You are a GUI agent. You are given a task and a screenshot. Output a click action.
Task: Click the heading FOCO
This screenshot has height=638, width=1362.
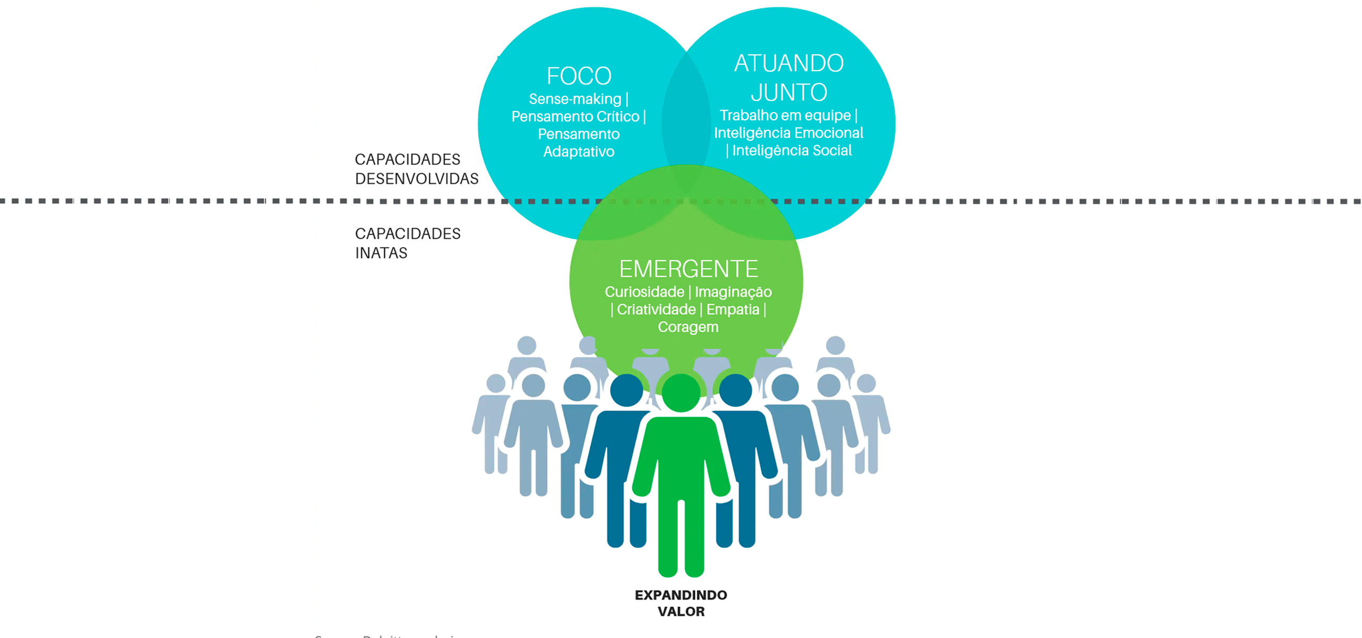tap(579, 76)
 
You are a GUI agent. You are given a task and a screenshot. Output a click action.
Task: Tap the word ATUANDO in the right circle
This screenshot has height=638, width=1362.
tap(788, 63)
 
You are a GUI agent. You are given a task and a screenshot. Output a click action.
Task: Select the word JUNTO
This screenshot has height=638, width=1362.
tap(788, 93)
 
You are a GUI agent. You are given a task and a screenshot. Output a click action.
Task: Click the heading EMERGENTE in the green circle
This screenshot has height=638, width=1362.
tap(688, 269)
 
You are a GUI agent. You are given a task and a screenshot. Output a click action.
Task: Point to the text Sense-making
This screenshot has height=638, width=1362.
tap(575, 99)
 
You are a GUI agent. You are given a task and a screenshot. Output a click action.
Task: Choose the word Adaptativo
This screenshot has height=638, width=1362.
tap(579, 152)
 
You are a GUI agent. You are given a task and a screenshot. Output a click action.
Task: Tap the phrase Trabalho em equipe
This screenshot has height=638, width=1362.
tap(785, 115)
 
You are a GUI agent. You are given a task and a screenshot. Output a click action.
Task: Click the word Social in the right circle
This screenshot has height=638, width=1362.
tap(832, 150)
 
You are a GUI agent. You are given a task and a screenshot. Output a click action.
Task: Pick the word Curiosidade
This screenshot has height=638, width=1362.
tap(644, 292)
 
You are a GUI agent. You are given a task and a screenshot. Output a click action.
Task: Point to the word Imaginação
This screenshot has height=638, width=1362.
tap(733, 292)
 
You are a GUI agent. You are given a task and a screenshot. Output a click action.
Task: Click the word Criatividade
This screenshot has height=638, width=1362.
tap(656, 309)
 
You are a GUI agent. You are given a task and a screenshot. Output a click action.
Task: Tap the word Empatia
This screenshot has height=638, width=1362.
tap(733, 309)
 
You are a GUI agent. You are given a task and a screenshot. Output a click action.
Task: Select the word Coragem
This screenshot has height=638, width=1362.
tap(688, 327)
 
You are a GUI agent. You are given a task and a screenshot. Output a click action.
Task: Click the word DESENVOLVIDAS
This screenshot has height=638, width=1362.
tap(417, 179)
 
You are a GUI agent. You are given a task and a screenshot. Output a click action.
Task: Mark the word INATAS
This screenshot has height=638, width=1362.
tap(381, 253)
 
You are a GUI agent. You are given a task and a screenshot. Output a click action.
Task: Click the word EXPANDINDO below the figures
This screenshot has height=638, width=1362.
tap(680, 595)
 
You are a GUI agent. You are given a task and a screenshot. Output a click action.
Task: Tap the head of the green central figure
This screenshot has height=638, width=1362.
tap(681, 393)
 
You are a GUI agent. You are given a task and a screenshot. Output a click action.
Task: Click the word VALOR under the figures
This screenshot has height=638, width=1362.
tap(681, 611)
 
